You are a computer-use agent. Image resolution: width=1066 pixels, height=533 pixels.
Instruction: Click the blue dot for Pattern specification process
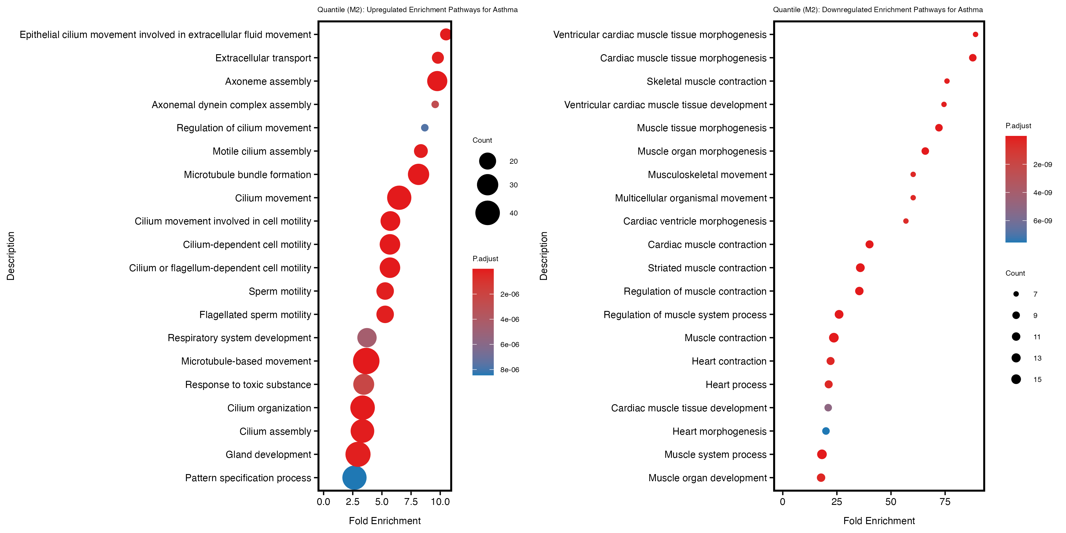click(354, 478)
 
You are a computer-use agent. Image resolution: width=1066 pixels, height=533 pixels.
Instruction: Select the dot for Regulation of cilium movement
click(425, 128)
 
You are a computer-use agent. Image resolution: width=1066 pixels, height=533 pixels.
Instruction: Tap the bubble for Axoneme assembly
click(437, 81)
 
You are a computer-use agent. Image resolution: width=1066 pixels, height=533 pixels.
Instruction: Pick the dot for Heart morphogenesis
click(826, 431)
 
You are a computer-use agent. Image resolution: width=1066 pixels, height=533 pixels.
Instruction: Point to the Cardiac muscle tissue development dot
click(828, 408)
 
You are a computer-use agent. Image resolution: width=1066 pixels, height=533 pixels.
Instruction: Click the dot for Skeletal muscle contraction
click(947, 81)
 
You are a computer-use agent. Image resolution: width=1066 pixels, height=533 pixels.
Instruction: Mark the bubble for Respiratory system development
click(367, 338)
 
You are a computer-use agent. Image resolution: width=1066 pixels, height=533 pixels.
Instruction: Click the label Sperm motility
click(280, 291)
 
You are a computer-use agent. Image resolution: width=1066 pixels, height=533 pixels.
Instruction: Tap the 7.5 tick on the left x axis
click(411, 502)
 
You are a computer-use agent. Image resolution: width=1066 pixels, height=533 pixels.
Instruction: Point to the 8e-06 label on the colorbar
click(509, 370)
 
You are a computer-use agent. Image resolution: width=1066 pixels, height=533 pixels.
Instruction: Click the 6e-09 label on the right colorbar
click(1042, 221)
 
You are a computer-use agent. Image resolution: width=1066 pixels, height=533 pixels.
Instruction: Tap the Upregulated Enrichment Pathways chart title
click(417, 9)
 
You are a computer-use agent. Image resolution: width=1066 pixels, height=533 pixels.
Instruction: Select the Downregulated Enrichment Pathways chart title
click(878, 9)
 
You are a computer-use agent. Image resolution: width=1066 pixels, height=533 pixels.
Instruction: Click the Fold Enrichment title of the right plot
click(879, 521)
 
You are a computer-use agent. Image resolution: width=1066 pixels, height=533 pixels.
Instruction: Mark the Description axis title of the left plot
click(11, 256)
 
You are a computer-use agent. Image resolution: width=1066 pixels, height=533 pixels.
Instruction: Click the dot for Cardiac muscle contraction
click(869, 245)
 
